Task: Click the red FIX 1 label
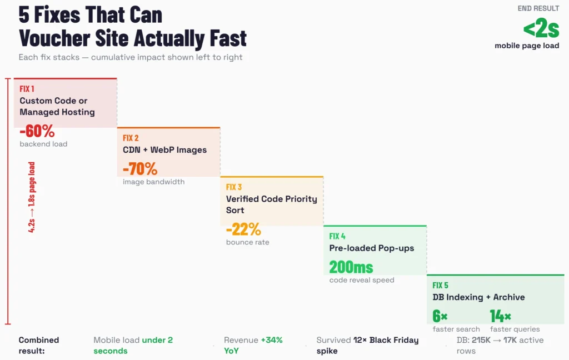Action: pos(27,89)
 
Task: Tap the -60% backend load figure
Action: pos(37,132)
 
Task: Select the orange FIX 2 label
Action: pos(131,138)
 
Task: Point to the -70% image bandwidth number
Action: pos(140,169)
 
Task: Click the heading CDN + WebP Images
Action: pos(164,150)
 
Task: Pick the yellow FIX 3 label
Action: pos(234,187)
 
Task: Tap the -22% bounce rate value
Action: pos(243,229)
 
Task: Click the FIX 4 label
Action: pos(337,236)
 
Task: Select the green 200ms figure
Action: pos(351,267)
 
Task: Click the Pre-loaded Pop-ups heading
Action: pos(372,248)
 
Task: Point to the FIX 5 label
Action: pos(441,285)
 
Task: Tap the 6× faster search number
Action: pos(440,316)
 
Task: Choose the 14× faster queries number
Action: pos(501,316)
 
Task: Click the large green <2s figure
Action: pos(541,28)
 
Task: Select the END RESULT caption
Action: pos(538,8)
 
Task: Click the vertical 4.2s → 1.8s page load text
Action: pos(32,197)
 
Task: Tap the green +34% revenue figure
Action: pos(271,340)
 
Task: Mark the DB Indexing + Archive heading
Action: pos(478,297)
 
